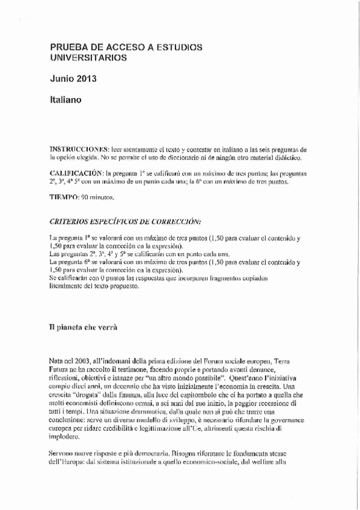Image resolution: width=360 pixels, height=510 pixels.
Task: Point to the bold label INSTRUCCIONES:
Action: pos(76,149)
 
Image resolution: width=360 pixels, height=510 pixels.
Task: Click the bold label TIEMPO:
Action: pos(63,197)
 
